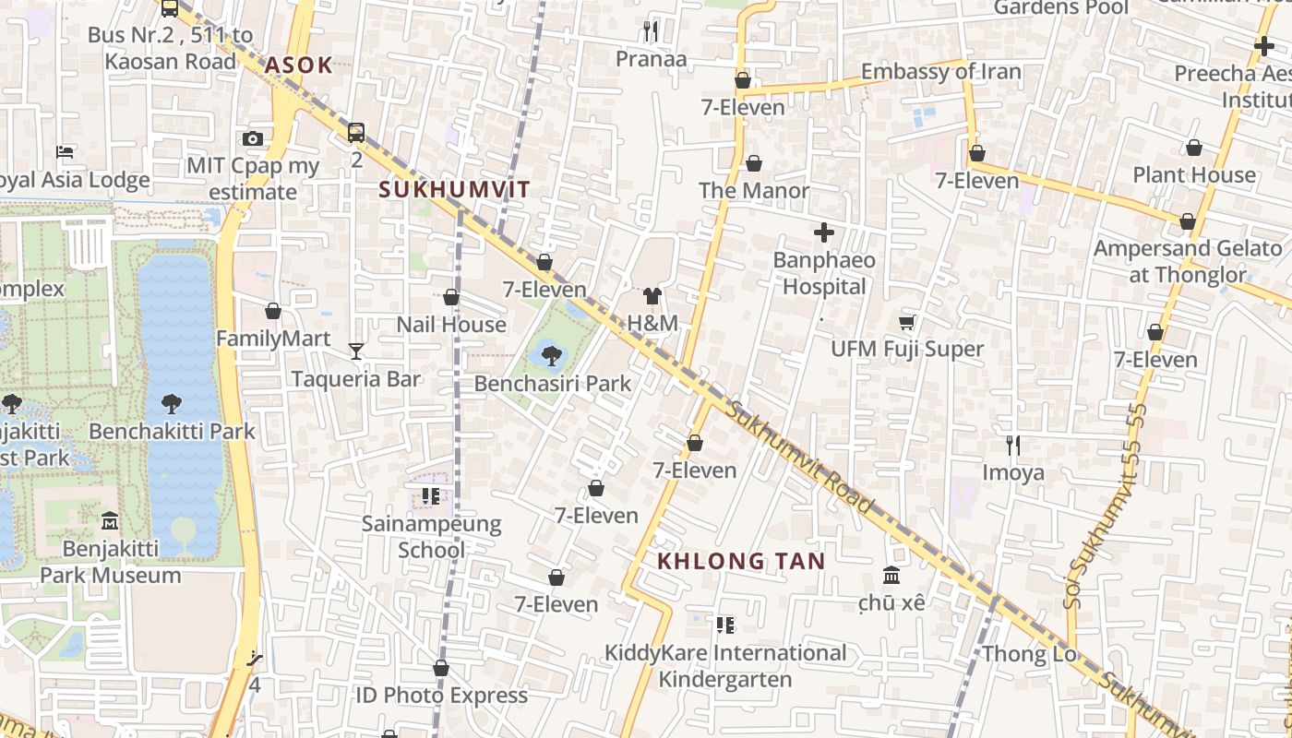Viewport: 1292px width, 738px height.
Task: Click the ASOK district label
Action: click(x=297, y=65)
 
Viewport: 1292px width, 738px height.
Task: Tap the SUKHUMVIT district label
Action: click(x=455, y=190)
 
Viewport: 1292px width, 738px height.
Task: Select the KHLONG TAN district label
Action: click(x=741, y=561)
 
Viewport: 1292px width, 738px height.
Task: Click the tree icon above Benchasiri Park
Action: click(x=551, y=354)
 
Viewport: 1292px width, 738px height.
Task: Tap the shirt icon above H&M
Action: click(x=652, y=296)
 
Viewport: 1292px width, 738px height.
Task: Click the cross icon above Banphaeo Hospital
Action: click(x=823, y=232)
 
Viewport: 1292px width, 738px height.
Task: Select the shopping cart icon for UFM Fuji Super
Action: click(x=906, y=322)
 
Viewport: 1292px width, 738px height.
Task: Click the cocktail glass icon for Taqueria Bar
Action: click(x=355, y=351)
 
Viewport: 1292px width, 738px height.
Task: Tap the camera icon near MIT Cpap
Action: click(x=252, y=139)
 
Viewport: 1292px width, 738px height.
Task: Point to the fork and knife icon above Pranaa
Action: click(x=651, y=31)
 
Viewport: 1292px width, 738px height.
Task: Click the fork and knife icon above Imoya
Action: click(x=1013, y=446)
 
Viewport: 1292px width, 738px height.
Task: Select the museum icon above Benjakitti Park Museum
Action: click(x=110, y=521)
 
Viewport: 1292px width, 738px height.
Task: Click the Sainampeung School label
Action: click(x=431, y=537)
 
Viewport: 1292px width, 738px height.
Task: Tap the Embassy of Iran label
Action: click(x=940, y=72)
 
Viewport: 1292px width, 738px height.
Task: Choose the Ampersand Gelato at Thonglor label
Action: click(x=1187, y=261)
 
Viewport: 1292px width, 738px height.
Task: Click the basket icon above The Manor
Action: click(x=754, y=163)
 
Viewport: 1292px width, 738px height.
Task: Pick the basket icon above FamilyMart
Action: click(x=272, y=311)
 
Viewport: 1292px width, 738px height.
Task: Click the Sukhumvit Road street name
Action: click(x=799, y=457)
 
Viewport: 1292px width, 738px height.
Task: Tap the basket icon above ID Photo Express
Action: click(x=441, y=668)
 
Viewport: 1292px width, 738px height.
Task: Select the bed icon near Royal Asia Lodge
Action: click(x=65, y=152)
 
